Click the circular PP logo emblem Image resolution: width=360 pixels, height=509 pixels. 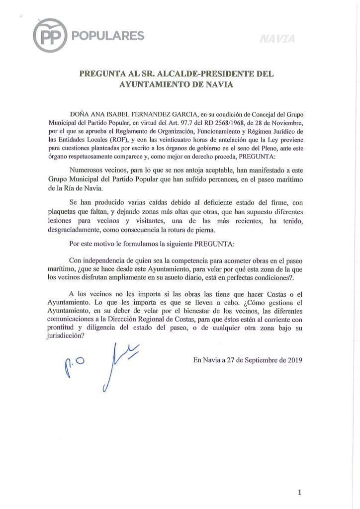pos(50,35)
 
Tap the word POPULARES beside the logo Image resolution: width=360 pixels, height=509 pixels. pos(108,36)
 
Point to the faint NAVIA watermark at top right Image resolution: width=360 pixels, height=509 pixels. pos(277,39)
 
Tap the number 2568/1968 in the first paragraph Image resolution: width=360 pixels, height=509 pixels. pos(211,122)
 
